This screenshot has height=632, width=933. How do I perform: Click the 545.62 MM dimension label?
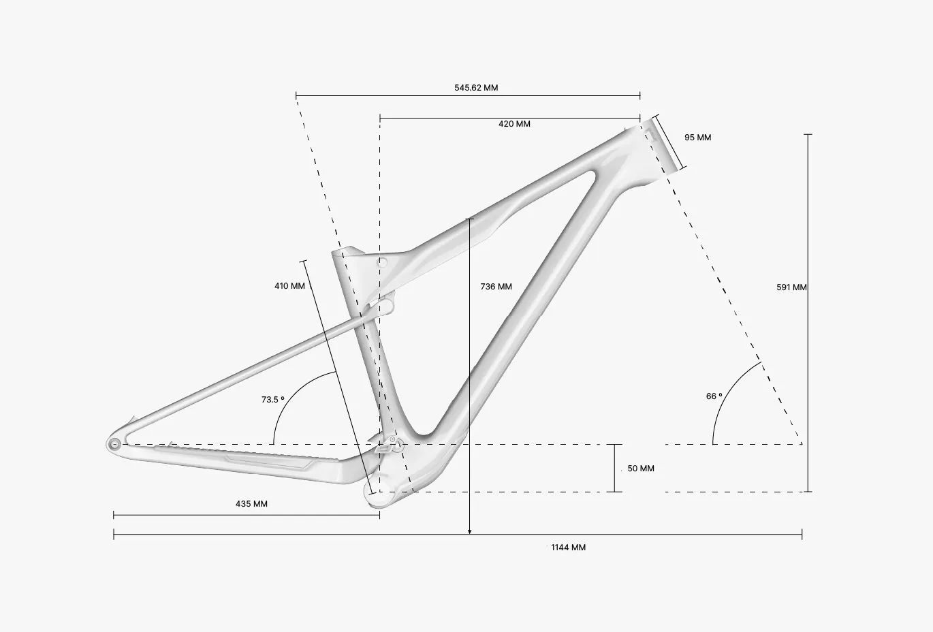[476, 87]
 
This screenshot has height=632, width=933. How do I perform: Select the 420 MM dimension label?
[514, 124]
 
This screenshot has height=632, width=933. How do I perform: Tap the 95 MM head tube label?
[697, 137]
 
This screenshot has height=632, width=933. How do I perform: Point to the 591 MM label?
[791, 287]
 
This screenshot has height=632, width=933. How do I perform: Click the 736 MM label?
[496, 286]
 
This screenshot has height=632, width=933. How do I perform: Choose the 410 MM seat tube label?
[289, 286]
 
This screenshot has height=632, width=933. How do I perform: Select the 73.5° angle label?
[273, 400]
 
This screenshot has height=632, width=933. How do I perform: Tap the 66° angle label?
[714, 396]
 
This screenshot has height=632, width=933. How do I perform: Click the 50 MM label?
[641, 469]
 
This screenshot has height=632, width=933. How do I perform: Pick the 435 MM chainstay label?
[251, 504]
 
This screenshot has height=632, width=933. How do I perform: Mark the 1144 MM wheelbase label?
[568, 548]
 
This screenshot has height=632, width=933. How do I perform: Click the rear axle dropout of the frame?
[114, 445]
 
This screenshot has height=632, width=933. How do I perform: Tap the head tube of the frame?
[661, 145]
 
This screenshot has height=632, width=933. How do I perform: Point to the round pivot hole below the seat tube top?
[382, 262]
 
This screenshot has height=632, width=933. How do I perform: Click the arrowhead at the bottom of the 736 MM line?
[469, 531]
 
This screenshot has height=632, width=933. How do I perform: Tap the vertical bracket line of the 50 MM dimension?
[614, 469]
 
